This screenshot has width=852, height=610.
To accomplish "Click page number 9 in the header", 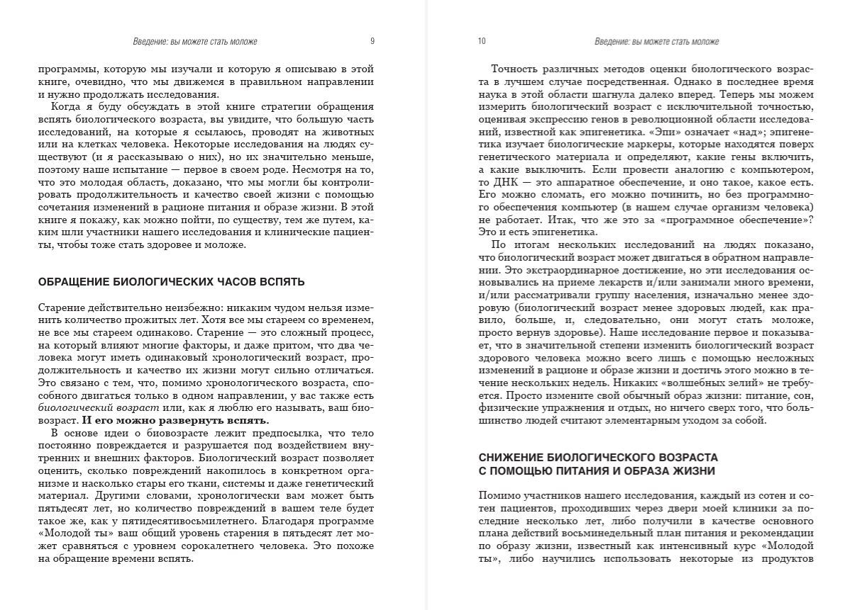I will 372,42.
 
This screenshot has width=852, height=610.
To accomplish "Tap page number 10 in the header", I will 482,42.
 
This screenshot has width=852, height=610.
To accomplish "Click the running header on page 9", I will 195,42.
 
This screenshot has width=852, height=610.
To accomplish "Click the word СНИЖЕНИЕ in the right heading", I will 511,458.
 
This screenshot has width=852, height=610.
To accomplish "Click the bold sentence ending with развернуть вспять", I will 176,420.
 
